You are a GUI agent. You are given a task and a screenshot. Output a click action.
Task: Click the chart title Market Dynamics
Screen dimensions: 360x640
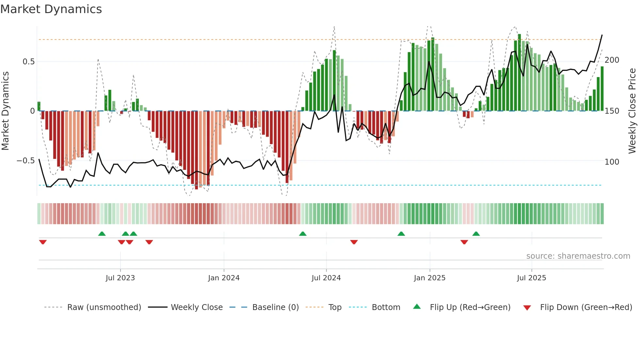point(51,9)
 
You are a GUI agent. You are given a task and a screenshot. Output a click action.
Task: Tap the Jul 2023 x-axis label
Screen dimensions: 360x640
point(120,278)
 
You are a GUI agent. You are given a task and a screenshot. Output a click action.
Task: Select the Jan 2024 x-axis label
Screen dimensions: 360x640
point(224,278)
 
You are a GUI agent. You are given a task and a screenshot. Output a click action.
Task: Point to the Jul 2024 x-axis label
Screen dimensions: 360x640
point(326,278)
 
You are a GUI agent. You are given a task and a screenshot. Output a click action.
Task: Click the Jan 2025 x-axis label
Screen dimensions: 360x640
point(429,278)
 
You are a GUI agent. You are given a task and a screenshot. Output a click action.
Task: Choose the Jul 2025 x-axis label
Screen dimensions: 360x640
point(531,278)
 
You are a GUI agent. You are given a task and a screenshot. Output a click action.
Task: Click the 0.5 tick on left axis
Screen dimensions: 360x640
point(28,62)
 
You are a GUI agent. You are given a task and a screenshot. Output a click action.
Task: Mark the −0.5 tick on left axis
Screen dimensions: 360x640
point(25,161)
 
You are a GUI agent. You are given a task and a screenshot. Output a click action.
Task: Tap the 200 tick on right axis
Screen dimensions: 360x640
point(612,60)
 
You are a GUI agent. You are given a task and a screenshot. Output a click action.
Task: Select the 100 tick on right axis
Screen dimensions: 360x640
point(612,162)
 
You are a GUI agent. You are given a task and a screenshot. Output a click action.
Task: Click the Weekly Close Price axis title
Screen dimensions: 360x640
point(632,111)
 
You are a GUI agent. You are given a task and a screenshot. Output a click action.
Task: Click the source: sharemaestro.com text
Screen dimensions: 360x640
point(578,256)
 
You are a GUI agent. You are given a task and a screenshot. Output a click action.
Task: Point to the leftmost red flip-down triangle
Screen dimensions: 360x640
point(43,242)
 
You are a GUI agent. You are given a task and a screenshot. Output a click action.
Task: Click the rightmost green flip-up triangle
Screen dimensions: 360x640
point(476,234)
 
